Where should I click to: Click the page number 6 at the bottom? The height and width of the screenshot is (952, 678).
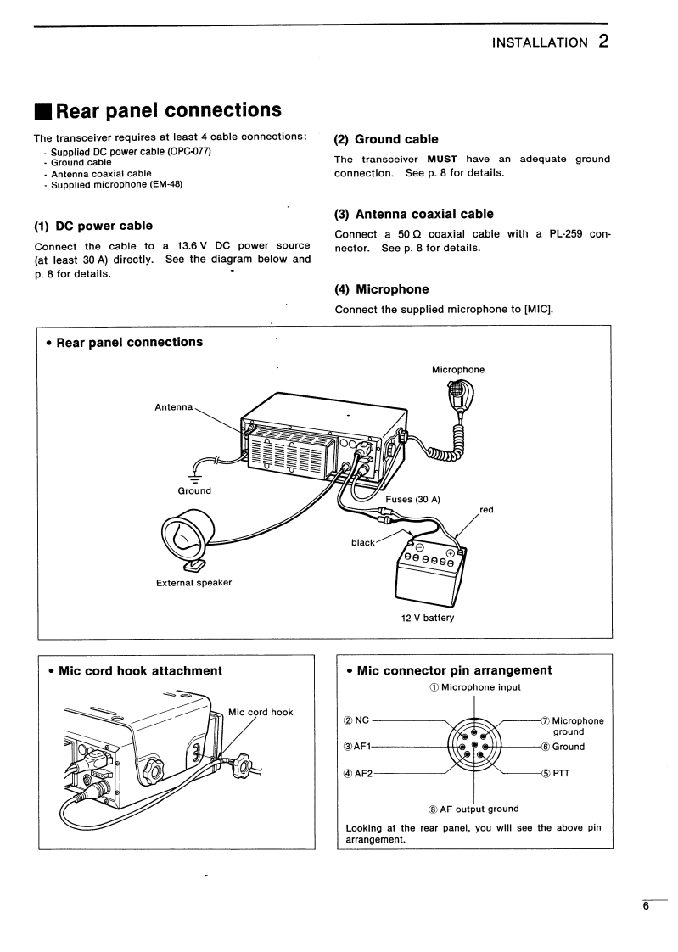tap(645, 906)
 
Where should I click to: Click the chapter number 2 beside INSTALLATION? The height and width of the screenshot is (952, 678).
tap(602, 40)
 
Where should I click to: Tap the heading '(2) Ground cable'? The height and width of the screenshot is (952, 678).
tap(386, 139)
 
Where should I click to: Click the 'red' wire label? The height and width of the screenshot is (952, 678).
tap(486, 510)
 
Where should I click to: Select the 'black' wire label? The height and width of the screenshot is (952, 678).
tap(362, 542)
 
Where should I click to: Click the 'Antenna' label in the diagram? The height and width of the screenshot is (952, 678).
tap(174, 406)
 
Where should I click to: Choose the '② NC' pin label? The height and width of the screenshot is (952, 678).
tap(356, 720)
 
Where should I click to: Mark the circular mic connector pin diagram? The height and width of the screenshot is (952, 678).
tap(473, 747)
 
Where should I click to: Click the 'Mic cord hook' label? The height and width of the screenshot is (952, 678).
tap(261, 712)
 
